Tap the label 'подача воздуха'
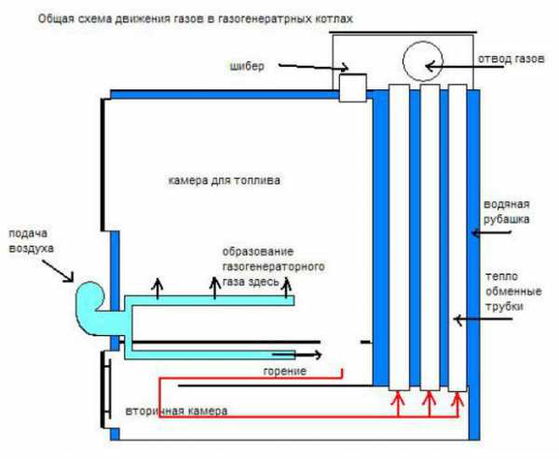pos(33,242)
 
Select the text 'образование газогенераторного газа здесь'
pos(272,266)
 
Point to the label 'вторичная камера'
pos(175,411)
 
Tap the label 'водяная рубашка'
pos(507,211)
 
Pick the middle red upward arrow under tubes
pos(429,402)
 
